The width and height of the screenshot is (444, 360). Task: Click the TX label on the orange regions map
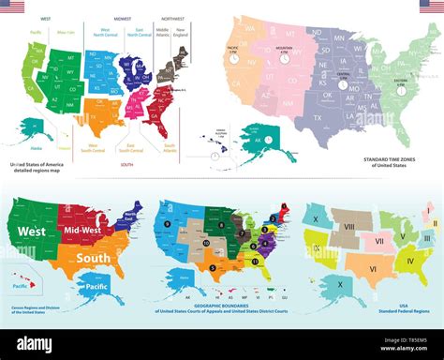100,112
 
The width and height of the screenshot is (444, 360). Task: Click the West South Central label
96,147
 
